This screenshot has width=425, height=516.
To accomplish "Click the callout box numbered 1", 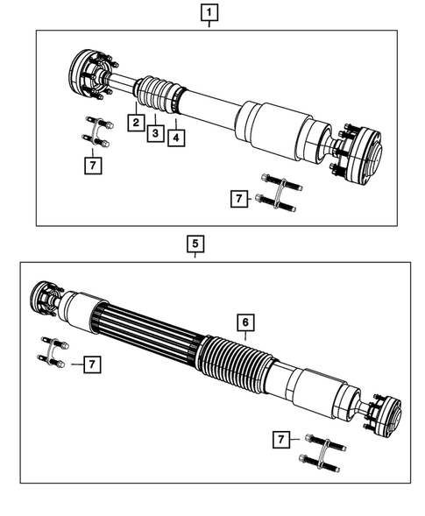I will pyautogui.click(x=209, y=13).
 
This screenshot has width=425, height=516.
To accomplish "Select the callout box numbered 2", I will pyautogui.click(x=136, y=123).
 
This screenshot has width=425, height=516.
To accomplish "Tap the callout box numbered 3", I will pyautogui.click(x=155, y=132).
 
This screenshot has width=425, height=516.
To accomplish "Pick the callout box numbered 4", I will pyautogui.click(x=175, y=138).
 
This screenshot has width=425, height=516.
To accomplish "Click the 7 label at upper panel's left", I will pyautogui.click(x=90, y=163).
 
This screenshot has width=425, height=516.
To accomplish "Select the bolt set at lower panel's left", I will pyautogui.click(x=54, y=353).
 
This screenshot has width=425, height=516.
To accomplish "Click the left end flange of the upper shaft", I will pyautogui.click(x=88, y=74).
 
